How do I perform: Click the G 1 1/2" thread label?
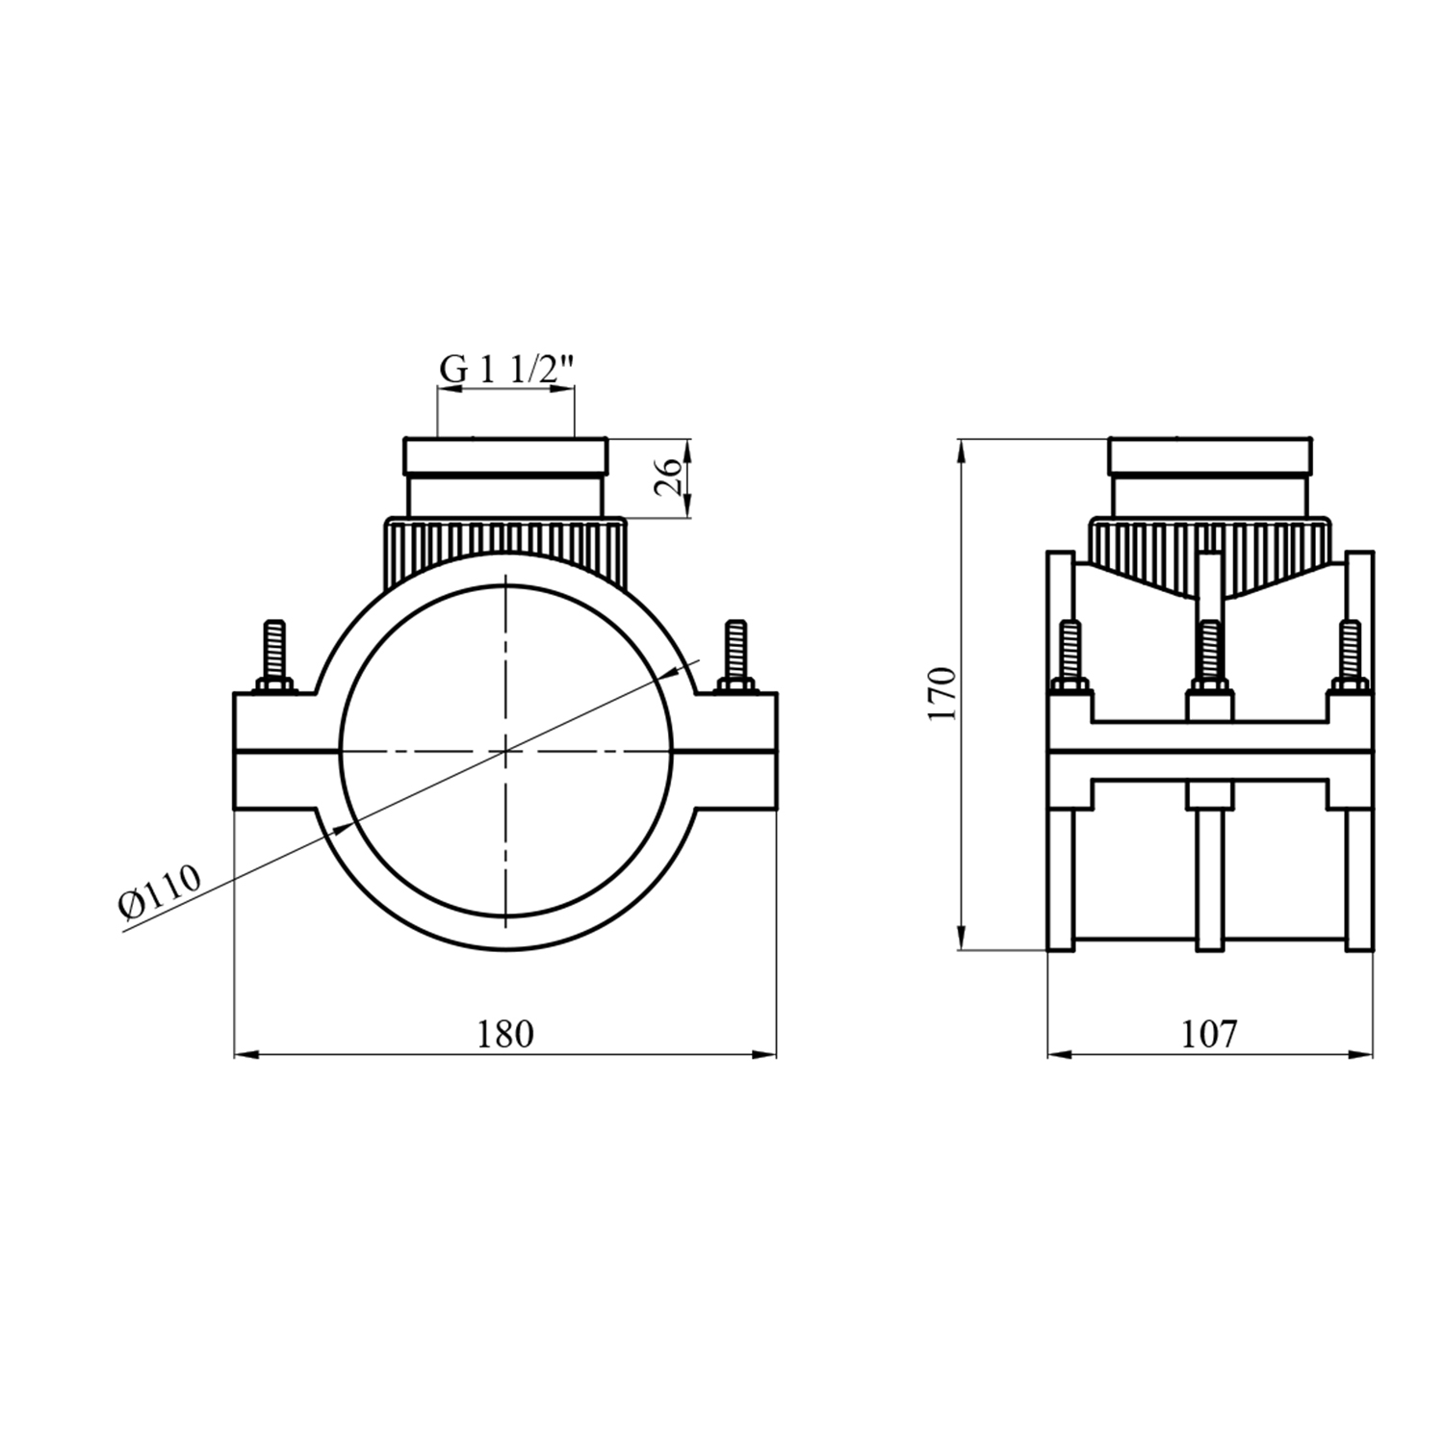pyautogui.click(x=506, y=369)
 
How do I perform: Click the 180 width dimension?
pyautogui.click(x=504, y=1034)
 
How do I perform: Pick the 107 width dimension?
pyautogui.click(x=1209, y=1034)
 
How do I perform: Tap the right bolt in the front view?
pyautogui.click(x=736, y=657)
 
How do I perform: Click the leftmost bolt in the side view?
pyautogui.click(x=1070, y=657)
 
